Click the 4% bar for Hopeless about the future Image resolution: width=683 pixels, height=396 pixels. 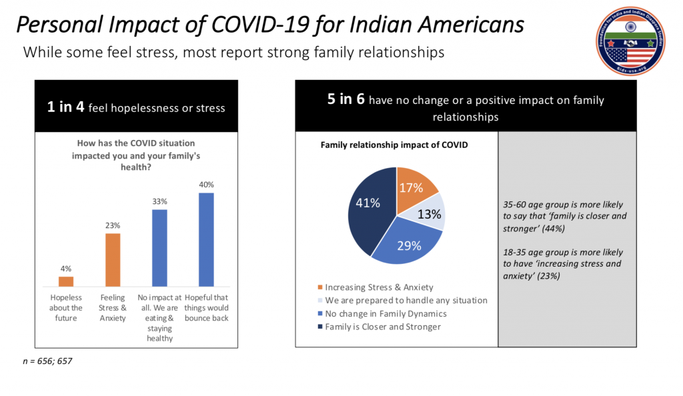click(x=66, y=281)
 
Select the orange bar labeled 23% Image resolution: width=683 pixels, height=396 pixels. click(x=113, y=259)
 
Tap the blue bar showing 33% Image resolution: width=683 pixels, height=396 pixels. click(x=159, y=247)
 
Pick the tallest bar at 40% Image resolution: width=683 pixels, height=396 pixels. click(x=206, y=239)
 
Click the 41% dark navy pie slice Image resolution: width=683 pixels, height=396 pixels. click(x=369, y=207)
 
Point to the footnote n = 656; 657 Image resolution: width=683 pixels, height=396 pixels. click(x=47, y=361)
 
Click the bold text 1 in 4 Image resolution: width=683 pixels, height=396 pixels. click(x=65, y=107)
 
